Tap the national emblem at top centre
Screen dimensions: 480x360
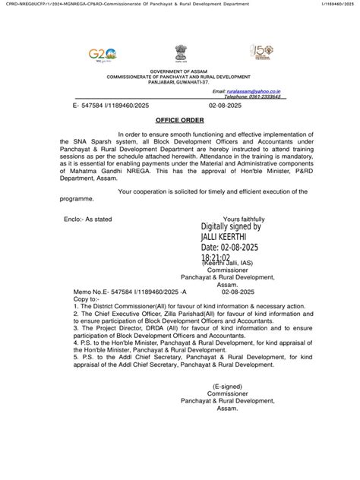179,53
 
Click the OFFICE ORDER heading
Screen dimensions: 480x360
179,120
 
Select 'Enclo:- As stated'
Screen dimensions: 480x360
90,219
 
